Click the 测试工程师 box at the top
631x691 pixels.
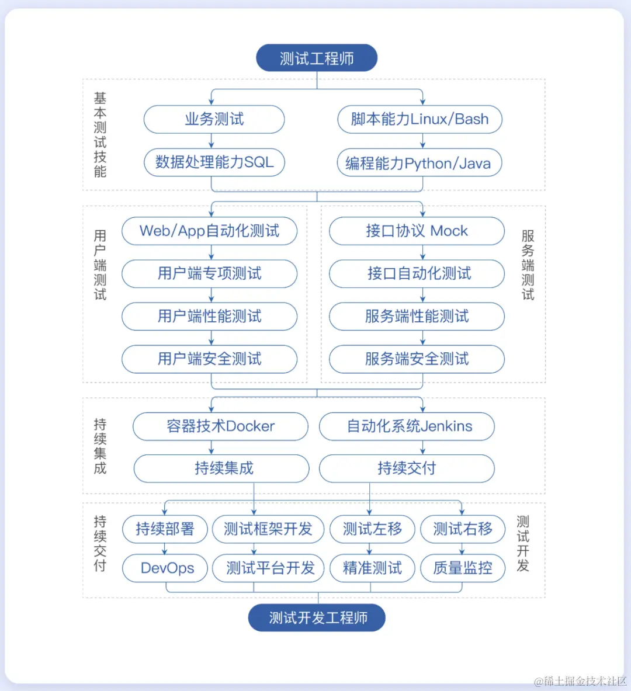pyautogui.click(x=317, y=58)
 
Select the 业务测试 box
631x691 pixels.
pyautogui.click(x=214, y=119)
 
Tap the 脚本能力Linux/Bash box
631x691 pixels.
pyautogui.click(x=419, y=119)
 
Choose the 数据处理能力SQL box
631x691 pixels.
pyautogui.click(x=214, y=162)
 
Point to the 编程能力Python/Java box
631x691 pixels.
pyautogui.click(x=419, y=163)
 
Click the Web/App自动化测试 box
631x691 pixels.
pyautogui.click(x=209, y=231)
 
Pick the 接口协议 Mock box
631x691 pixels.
pyautogui.click(x=417, y=231)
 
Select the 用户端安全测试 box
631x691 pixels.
pyautogui.click(x=209, y=359)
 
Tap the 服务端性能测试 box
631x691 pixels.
pyautogui.click(x=417, y=316)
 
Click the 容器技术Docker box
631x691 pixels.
pyautogui.click(x=220, y=426)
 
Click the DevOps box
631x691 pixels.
pyautogui.click(x=165, y=568)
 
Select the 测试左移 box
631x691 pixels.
pyautogui.click(x=372, y=529)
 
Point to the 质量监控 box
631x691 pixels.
pyautogui.click(x=463, y=568)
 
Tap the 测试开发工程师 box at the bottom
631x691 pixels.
pyautogui.click(x=317, y=618)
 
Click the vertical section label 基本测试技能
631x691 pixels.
pyautogui.click(x=100, y=134)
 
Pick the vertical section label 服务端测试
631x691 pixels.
pyautogui.click(x=528, y=265)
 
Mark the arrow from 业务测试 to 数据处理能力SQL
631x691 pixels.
pyautogui.click(x=212, y=141)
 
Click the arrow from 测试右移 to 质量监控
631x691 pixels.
pyautogui.click(x=462, y=548)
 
